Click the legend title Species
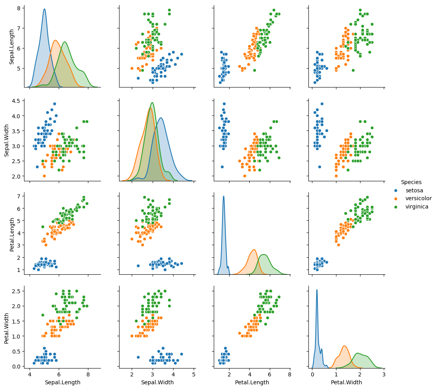click(411, 182)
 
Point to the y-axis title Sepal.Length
click(12, 47)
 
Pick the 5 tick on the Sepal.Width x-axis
click(194, 374)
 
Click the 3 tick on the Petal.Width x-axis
click(383, 374)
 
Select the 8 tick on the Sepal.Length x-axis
click(88, 374)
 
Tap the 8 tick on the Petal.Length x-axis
click(289, 374)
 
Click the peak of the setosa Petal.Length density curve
click(224, 196)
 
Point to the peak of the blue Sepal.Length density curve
click(44, 9)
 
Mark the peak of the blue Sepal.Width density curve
click(161, 118)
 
